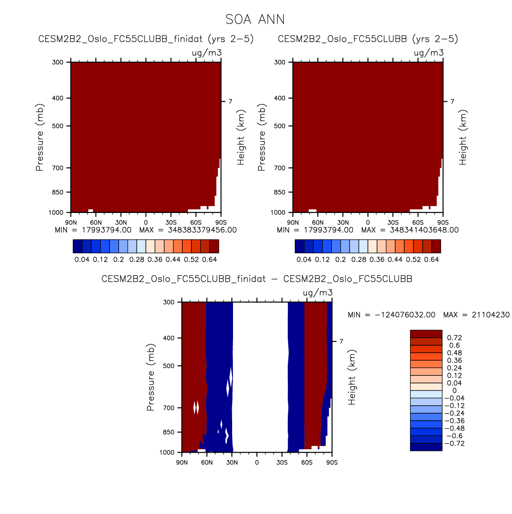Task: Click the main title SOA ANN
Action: [x=255, y=20]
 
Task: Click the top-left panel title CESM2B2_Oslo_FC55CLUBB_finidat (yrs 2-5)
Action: [x=146, y=39]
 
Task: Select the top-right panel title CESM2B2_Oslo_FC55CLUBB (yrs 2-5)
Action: [x=367, y=39]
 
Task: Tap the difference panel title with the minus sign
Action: [x=257, y=279]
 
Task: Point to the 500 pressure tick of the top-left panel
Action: [x=58, y=126]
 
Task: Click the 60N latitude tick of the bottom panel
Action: [x=207, y=463]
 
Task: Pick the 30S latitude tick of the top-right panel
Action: [x=393, y=223]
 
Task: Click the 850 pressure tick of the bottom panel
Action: [x=169, y=432]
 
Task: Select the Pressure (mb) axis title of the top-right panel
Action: [x=262, y=137]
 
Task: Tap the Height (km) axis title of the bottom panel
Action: [x=352, y=377]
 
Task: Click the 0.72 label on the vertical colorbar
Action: [x=454, y=338]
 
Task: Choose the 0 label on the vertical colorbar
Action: [x=454, y=391]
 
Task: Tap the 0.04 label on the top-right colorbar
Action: [x=304, y=259]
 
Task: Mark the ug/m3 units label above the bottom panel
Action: [x=318, y=293]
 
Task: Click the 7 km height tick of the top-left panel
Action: [x=230, y=102]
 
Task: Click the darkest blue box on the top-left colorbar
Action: [x=78, y=246]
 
